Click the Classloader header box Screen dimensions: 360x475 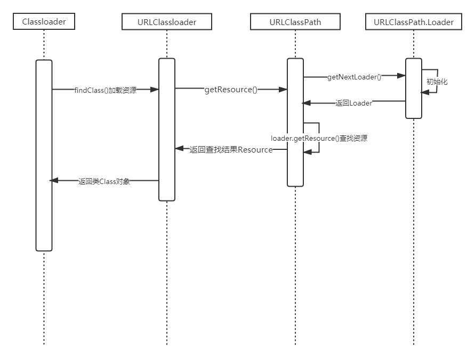44,21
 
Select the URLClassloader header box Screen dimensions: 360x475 167,22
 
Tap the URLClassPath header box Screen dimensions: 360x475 295,22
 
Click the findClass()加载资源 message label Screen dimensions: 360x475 105,90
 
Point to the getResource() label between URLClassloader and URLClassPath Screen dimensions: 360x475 231,90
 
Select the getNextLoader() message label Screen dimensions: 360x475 354,77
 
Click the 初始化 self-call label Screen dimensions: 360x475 437,82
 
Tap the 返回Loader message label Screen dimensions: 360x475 353,103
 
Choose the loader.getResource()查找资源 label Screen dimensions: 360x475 319,138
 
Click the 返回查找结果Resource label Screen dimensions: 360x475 231,150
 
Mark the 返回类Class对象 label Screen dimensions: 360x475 104,181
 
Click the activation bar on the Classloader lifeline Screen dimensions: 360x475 44,155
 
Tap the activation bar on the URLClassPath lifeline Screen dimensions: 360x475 295,122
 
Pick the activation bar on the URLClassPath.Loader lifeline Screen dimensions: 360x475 414,88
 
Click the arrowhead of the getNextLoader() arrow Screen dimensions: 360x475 402,76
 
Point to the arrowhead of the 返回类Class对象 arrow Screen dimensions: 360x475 53,181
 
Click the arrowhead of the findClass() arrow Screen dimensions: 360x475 155,90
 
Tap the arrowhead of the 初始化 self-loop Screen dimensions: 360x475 425,92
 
